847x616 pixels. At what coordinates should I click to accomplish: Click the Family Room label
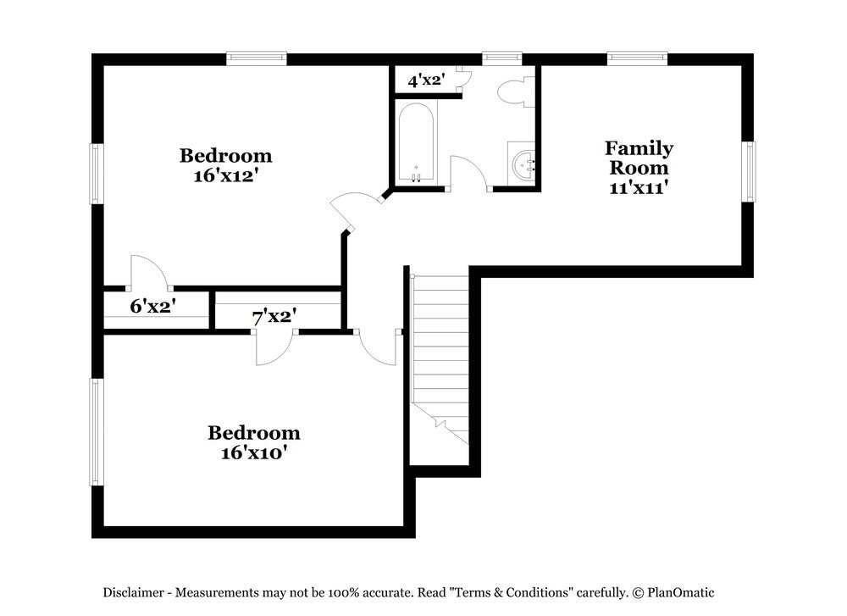tap(639, 158)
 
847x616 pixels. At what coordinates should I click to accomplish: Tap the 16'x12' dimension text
tap(225, 175)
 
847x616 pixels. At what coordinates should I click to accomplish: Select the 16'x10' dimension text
tap(253, 452)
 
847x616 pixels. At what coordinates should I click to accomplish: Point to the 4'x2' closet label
tap(425, 81)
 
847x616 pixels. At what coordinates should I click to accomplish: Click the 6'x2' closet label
tap(152, 306)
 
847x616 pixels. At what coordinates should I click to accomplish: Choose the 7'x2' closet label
tap(273, 317)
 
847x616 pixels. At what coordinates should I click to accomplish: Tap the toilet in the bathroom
tap(515, 92)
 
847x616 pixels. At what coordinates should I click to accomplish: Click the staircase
tap(440, 356)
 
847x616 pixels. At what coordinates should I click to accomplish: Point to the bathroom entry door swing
tap(468, 173)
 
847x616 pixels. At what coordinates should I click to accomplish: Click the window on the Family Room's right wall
tap(749, 171)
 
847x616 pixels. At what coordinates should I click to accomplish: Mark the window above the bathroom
tap(502, 58)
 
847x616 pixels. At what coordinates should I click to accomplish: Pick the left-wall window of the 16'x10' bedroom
tap(97, 431)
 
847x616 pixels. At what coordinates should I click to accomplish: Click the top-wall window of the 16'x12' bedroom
tap(257, 58)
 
